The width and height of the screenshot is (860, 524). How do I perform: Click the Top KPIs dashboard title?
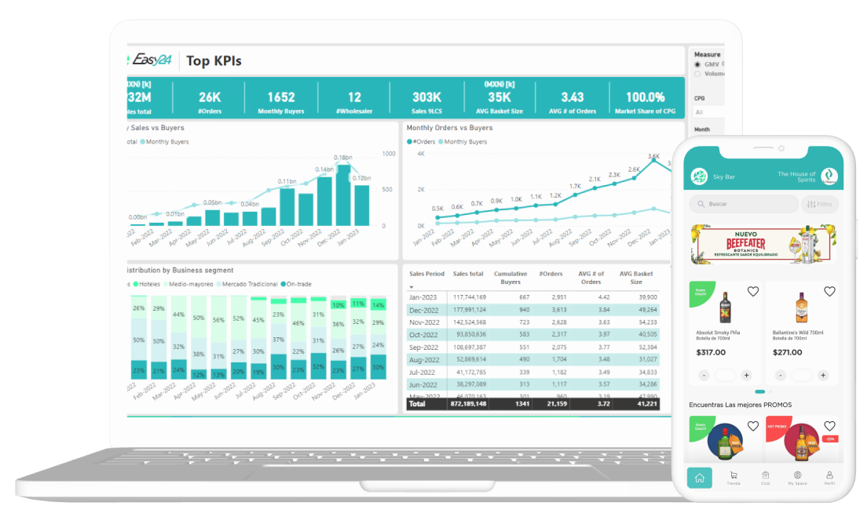pyautogui.click(x=214, y=61)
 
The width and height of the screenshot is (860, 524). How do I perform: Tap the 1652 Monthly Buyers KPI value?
pyautogui.click(x=280, y=97)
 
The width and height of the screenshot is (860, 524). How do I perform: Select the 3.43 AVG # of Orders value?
pyautogui.click(x=573, y=97)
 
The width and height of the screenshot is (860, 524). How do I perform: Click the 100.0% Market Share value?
pyautogui.click(x=645, y=97)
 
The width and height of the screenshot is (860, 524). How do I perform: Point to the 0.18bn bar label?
pyautogui.click(x=342, y=158)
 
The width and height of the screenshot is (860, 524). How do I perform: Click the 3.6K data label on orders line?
pyautogui.click(x=653, y=157)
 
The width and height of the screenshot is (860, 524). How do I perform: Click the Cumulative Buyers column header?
pyautogui.click(x=511, y=278)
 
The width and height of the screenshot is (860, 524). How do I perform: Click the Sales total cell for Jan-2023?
pyautogui.click(x=469, y=297)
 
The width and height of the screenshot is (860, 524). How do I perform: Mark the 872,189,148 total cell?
pyautogui.click(x=469, y=404)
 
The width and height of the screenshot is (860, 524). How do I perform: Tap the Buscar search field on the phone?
pyautogui.click(x=742, y=204)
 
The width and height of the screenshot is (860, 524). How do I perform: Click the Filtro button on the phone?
pyautogui.click(x=819, y=204)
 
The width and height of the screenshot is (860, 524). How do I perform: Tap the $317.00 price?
pyautogui.click(x=711, y=352)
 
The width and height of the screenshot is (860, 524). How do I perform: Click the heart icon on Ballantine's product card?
pyautogui.click(x=829, y=292)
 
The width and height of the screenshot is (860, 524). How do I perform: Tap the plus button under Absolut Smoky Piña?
pyautogui.click(x=746, y=376)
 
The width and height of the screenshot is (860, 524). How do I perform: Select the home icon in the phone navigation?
pyautogui.click(x=699, y=477)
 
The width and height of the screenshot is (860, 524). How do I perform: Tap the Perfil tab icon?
pyautogui.click(x=829, y=477)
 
